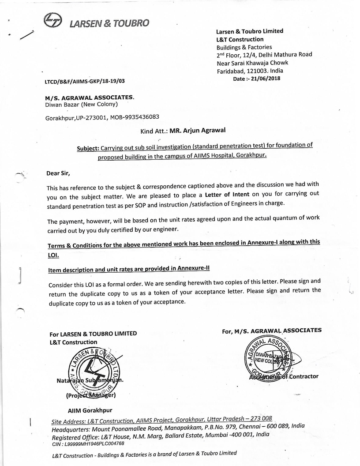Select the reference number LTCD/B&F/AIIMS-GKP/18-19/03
(85, 82)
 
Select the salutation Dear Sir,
(58, 173)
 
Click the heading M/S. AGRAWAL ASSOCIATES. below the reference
(90, 97)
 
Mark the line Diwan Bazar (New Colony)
(82, 105)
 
